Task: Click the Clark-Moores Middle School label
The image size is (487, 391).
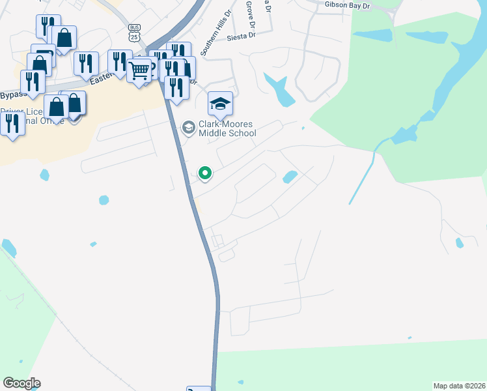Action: click(x=227, y=129)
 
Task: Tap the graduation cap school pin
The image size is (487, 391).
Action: click(x=220, y=103)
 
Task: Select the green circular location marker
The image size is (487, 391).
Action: click(x=205, y=173)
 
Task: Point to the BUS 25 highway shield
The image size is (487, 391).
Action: click(x=134, y=33)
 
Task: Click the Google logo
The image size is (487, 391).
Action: click(x=21, y=383)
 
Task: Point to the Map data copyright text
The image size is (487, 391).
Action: click(x=459, y=385)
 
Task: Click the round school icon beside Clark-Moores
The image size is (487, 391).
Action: click(x=189, y=126)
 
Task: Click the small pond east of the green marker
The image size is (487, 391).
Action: click(x=289, y=177)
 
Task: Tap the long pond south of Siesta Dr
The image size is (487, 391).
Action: click(x=279, y=89)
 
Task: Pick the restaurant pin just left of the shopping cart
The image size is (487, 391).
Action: click(x=120, y=63)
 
